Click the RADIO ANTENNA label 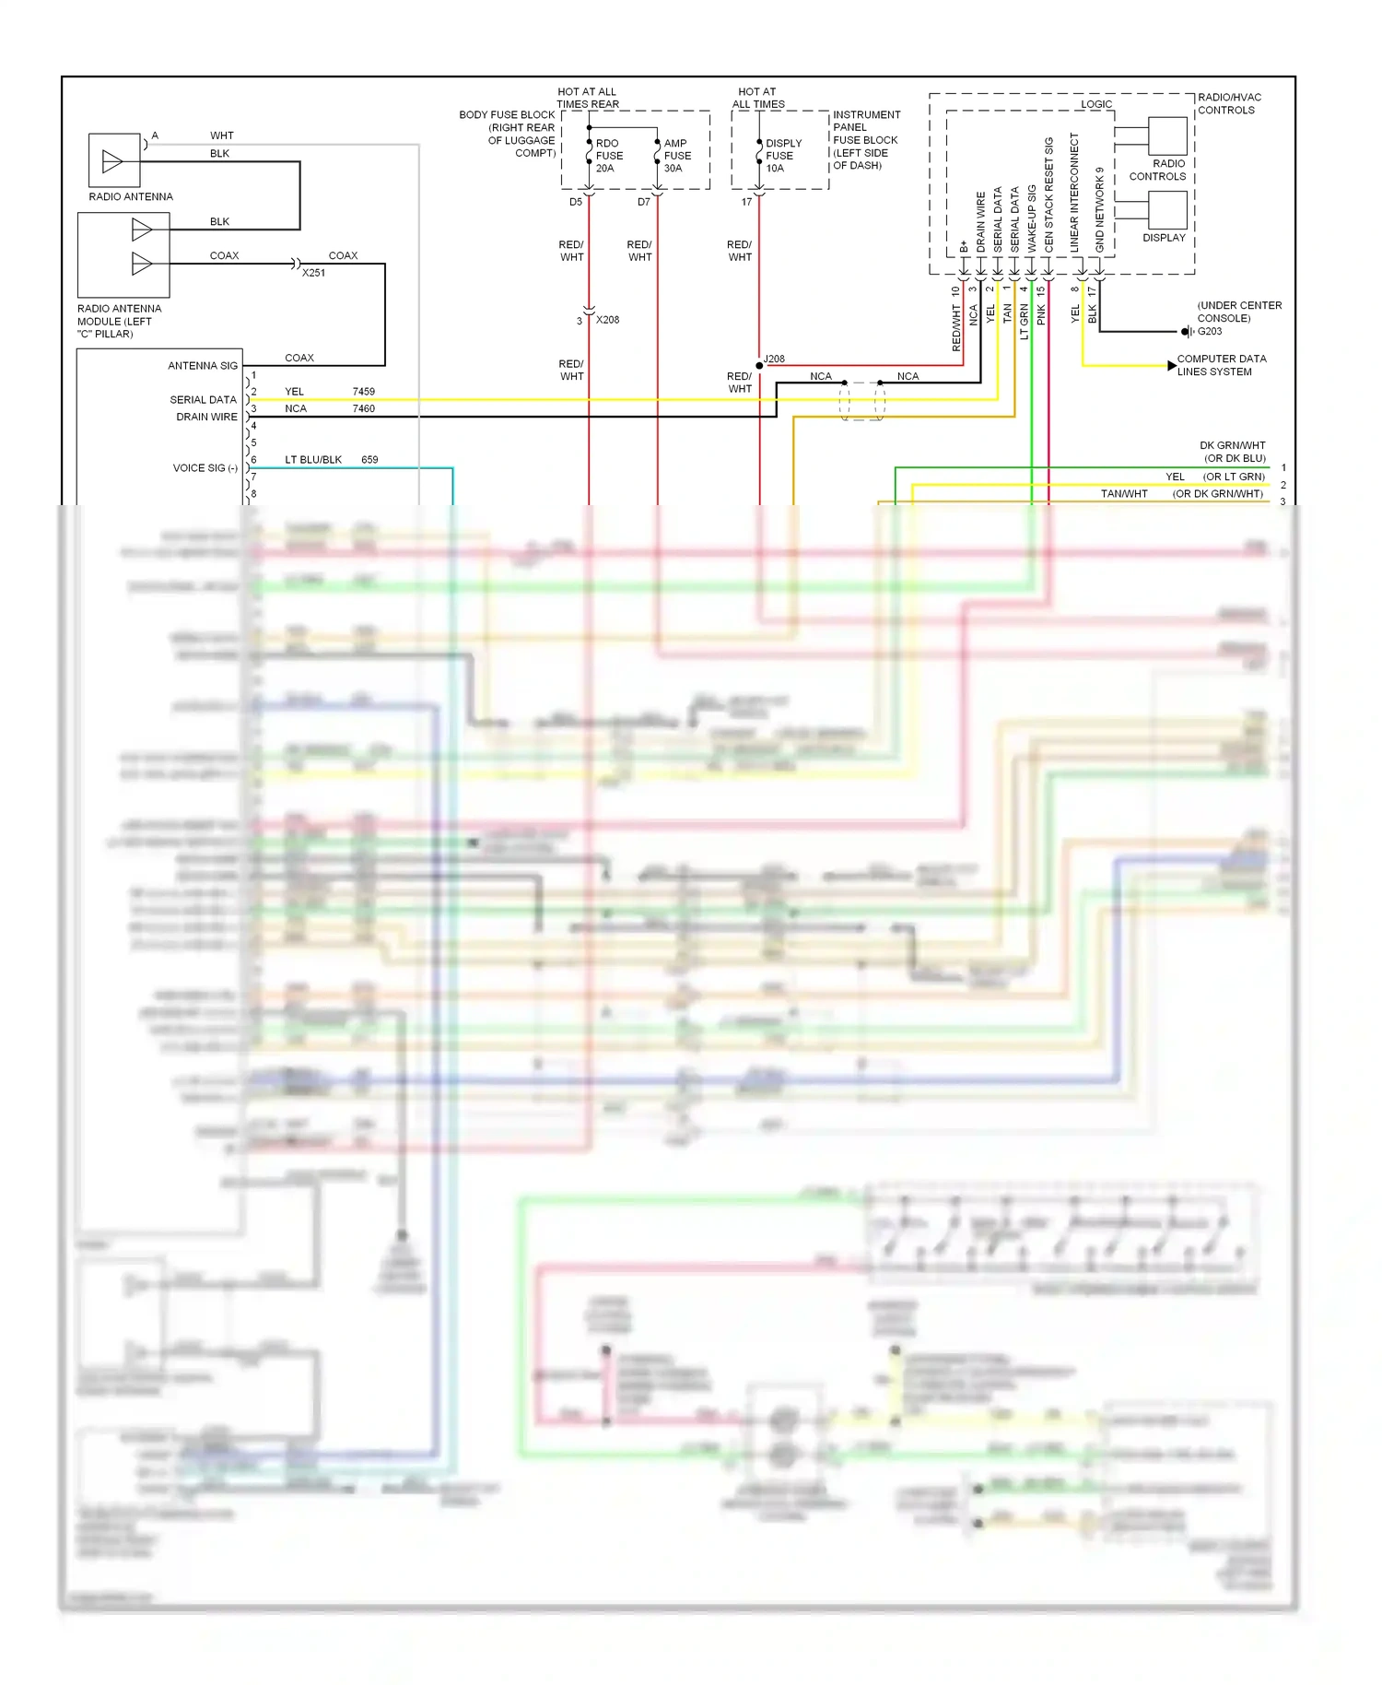[x=131, y=196]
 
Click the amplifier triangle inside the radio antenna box [x=112, y=162]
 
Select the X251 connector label [x=313, y=273]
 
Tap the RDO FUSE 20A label [x=609, y=156]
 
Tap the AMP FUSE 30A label [x=677, y=156]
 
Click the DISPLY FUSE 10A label [x=783, y=156]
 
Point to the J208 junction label [x=775, y=359]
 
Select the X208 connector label [x=607, y=320]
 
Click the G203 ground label [x=1210, y=331]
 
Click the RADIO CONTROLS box [x=1167, y=136]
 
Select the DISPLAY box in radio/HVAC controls [x=1167, y=210]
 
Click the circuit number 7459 [x=363, y=391]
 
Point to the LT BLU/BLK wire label [x=313, y=459]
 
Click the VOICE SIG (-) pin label [x=205, y=468]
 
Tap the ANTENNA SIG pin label [x=203, y=366]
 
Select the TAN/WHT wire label [x=1124, y=494]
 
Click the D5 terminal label [x=575, y=202]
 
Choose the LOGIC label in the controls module [x=1096, y=104]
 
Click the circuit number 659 [x=369, y=459]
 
